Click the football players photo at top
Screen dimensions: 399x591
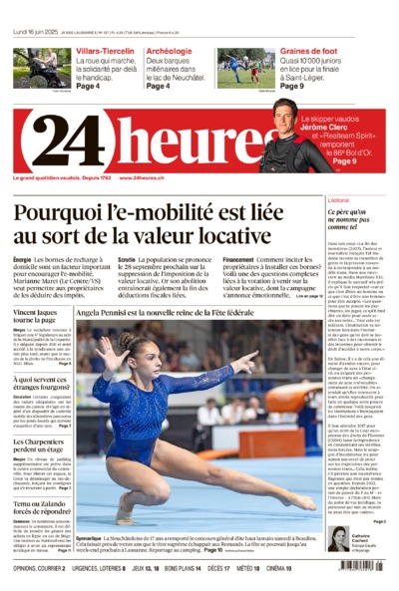[x=246, y=68]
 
